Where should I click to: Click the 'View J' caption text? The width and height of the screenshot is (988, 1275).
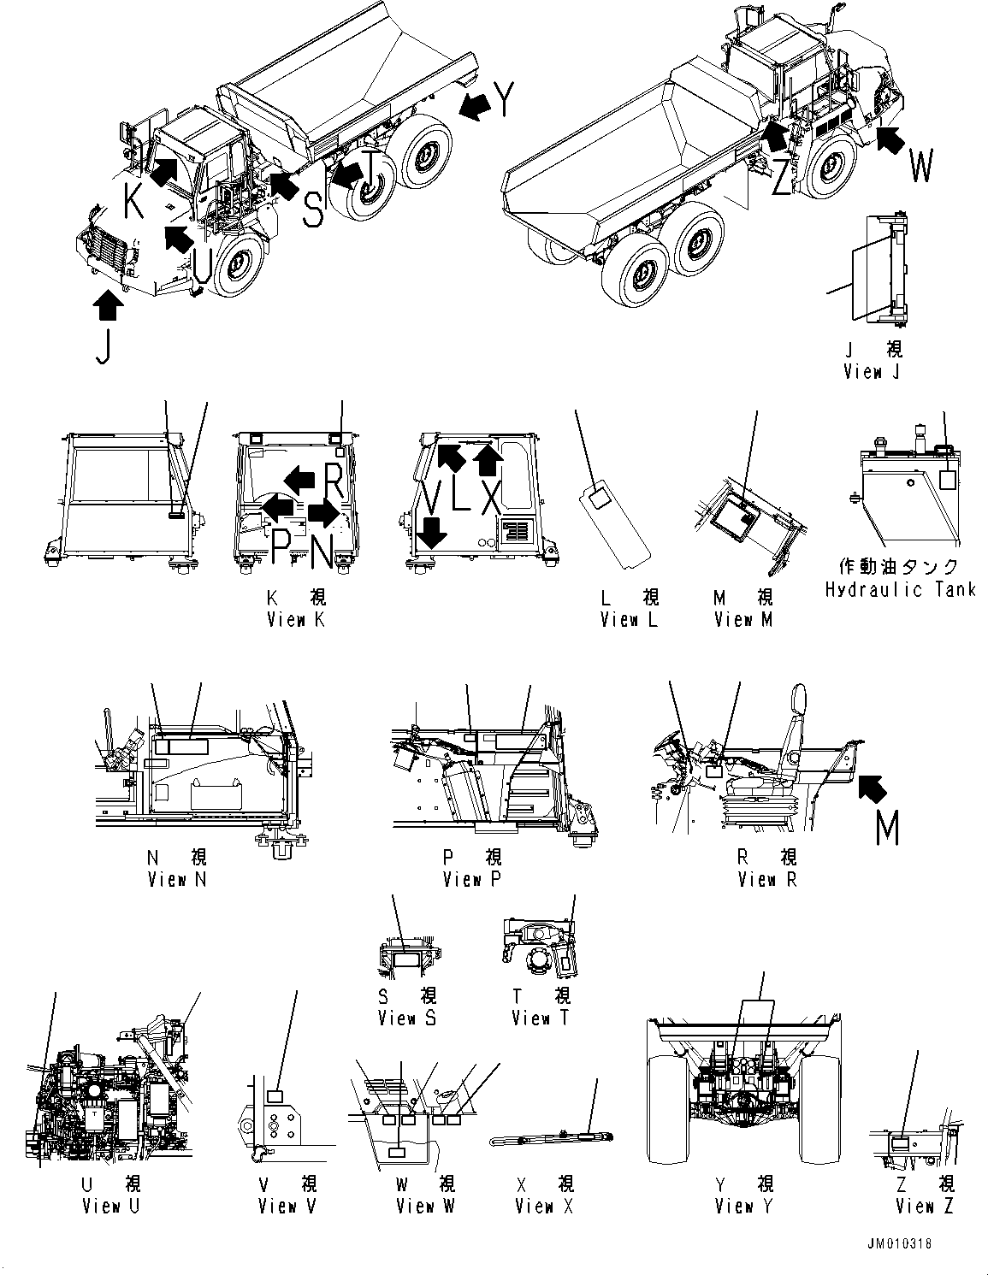click(872, 372)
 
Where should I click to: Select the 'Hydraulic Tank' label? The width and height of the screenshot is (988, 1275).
click(900, 590)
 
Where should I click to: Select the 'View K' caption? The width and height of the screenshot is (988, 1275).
click(296, 620)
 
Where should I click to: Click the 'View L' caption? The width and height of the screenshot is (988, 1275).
click(629, 620)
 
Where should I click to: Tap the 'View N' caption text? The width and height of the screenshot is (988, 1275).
click(177, 879)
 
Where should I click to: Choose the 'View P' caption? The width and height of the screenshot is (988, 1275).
click(472, 879)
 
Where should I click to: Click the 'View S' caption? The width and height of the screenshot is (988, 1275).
click(408, 1018)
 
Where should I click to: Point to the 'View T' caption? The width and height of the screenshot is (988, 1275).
click(541, 1018)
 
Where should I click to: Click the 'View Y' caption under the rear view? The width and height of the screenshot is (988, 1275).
click(744, 1207)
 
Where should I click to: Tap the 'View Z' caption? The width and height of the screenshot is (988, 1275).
click(925, 1207)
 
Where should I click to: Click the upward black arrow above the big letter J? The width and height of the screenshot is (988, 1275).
click(108, 304)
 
